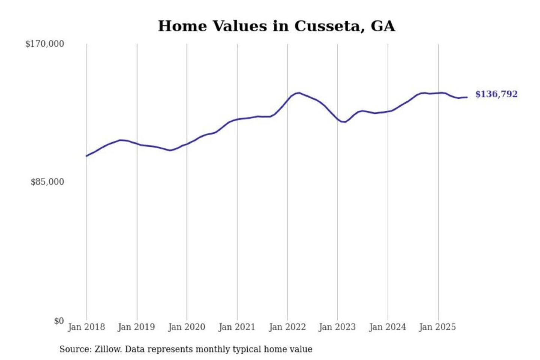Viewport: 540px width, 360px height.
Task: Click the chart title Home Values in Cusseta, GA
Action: click(276, 26)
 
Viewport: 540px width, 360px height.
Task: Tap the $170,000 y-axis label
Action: click(45, 44)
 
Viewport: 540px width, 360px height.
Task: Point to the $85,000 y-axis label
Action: click(47, 182)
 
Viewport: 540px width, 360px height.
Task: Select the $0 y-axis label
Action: click(59, 321)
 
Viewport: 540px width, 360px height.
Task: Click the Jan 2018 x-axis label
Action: click(86, 327)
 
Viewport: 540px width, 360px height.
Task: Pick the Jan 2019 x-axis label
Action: click(136, 327)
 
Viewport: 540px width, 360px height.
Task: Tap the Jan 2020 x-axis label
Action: click(186, 327)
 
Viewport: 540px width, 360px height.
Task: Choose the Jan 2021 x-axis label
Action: click(237, 327)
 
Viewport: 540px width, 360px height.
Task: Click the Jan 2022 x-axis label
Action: click(287, 327)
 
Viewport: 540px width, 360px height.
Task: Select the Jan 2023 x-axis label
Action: click(337, 327)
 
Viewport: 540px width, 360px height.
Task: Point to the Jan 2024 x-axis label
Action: click(387, 327)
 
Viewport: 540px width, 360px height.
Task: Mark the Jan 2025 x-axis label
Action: click(437, 327)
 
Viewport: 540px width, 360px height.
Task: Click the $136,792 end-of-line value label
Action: click(496, 94)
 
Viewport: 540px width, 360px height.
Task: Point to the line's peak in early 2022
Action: click(298, 93)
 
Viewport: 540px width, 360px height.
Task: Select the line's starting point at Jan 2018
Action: click(87, 156)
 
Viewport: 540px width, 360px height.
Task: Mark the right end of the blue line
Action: click(466, 97)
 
